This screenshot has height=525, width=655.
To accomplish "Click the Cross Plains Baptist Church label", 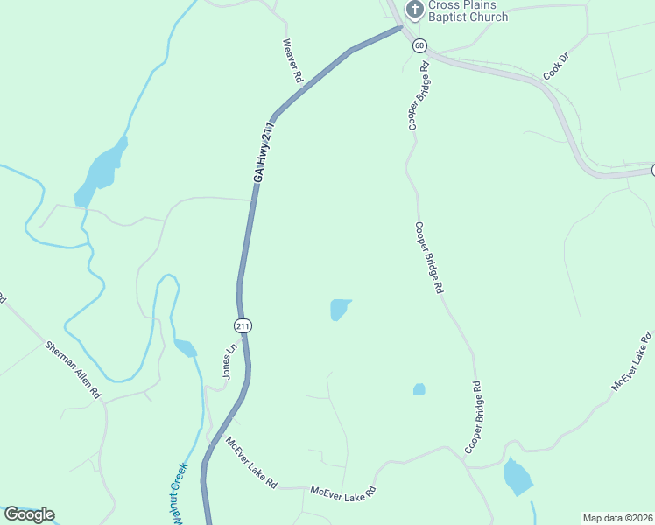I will click(x=468, y=11).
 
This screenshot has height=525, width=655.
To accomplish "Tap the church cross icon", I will click(x=415, y=10).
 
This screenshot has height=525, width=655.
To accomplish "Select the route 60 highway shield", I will click(x=420, y=45).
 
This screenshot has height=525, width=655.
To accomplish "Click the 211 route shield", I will click(x=243, y=325).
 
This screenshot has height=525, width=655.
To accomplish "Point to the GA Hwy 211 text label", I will click(x=264, y=153).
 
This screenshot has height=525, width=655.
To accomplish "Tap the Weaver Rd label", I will click(x=292, y=60).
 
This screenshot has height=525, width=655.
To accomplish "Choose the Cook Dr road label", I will click(x=556, y=67).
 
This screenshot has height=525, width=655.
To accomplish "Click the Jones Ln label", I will click(x=230, y=360).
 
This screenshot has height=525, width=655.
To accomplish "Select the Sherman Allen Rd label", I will click(x=73, y=371).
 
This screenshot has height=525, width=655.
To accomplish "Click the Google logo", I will click(x=29, y=514).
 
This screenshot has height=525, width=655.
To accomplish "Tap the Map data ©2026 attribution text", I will click(x=617, y=518).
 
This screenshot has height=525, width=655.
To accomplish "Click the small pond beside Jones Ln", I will click(x=185, y=348).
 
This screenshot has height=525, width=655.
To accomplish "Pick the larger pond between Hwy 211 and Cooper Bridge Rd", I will click(x=340, y=309).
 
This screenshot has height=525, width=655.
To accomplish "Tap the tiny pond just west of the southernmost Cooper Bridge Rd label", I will click(x=419, y=389).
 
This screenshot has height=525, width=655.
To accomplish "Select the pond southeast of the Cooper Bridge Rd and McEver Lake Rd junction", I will click(x=518, y=477).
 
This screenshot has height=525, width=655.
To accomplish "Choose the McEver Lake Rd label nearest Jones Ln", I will click(x=251, y=462).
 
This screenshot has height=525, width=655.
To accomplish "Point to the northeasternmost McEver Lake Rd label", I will click(x=632, y=360).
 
